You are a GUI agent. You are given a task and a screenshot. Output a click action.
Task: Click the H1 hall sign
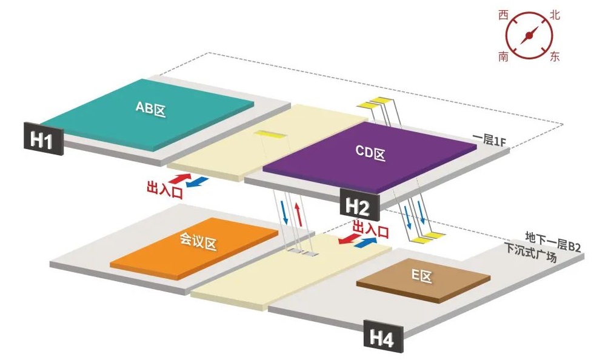[x=42, y=140]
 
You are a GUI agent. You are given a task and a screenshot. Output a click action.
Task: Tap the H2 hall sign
[x=358, y=207]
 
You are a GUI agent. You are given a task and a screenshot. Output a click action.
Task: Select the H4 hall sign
[x=383, y=338]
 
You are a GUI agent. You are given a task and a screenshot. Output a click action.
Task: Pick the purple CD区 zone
[x=370, y=155]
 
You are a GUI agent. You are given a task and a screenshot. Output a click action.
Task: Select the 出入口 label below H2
[x=370, y=228]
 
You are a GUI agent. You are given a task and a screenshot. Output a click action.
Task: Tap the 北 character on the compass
[x=553, y=15]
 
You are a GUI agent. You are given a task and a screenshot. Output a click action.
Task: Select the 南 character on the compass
[x=503, y=57]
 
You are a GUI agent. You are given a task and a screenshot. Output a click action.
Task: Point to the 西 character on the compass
[x=502, y=15]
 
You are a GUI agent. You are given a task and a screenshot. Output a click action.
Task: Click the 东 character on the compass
[x=554, y=57]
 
